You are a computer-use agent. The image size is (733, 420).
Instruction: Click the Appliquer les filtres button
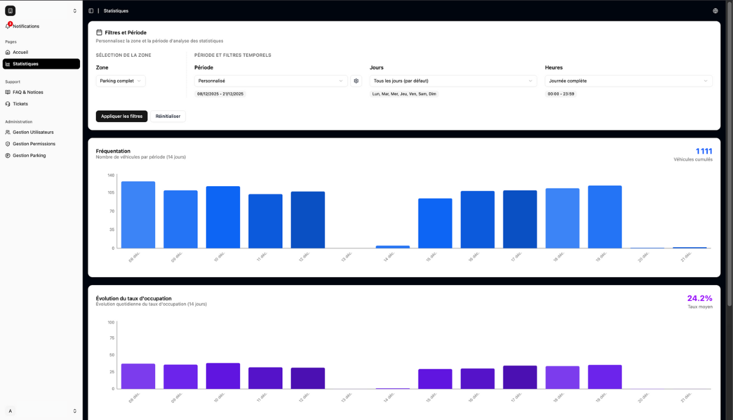pyautogui.click(x=122, y=116)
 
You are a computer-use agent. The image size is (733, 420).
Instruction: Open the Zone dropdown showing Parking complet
pyautogui.click(x=120, y=81)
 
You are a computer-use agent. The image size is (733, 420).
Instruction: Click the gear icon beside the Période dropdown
pyautogui.click(x=356, y=81)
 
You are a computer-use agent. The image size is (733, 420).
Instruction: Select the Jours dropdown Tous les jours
pyautogui.click(x=453, y=81)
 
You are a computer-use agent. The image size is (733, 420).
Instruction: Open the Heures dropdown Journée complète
pyautogui.click(x=628, y=81)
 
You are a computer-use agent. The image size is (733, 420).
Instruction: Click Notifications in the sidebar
pyautogui.click(x=26, y=26)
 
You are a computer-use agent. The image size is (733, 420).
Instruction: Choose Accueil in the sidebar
pyautogui.click(x=20, y=52)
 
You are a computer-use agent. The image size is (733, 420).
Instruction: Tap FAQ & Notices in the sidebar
pyautogui.click(x=27, y=92)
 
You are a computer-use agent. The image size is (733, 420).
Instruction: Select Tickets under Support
pyautogui.click(x=20, y=104)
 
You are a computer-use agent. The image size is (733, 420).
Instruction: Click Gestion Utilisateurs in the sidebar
pyautogui.click(x=33, y=132)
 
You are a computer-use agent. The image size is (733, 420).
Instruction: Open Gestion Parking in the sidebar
pyautogui.click(x=29, y=156)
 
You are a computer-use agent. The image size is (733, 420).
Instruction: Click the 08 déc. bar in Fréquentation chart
pyautogui.click(x=138, y=214)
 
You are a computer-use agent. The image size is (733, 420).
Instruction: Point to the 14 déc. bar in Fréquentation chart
pyautogui.click(x=393, y=247)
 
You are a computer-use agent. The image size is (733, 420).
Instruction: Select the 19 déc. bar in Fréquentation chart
pyautogui.click(x=605, y=217)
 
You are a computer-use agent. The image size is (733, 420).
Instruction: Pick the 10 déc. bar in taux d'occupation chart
pyautogui.click(x=223, y=376)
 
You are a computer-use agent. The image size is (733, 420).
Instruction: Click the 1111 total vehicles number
pyautogui.click(x=704, y=151)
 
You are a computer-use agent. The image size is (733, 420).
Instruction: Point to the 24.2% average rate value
pyautogui.click(x=699, y=299)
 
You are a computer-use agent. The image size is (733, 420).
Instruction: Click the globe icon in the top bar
pyautogui.click(x=715, y=11)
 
